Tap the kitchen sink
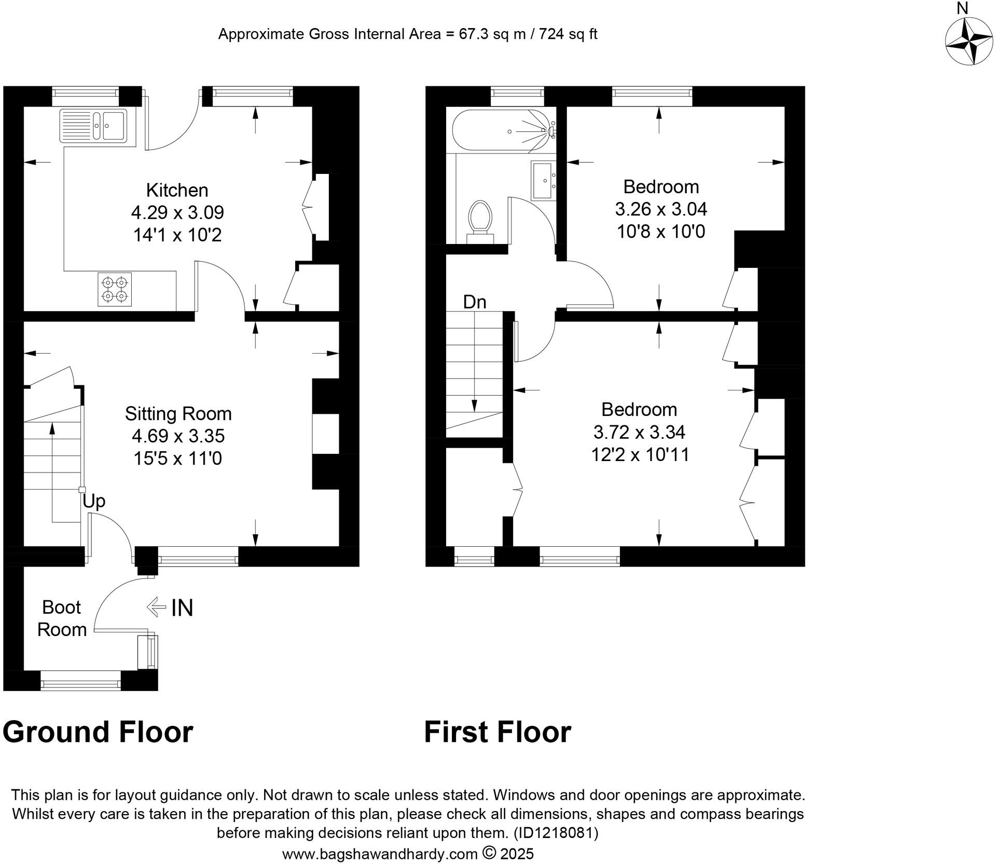[93, 125]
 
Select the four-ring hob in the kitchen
[115, 289]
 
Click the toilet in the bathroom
[480, 221]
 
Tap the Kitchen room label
[177, 190]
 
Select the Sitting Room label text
[178, 413]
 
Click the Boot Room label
[62, 618]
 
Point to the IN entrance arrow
[171, 607]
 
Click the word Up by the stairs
[94, 501]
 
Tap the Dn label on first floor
[475, 302]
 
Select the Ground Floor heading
[98, 732]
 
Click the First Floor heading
[497, 732]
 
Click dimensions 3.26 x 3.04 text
[661, 209]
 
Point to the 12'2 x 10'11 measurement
[640, 455]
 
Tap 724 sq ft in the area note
[568, 34]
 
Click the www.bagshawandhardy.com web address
[380, 854]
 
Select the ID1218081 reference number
[556, 833]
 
